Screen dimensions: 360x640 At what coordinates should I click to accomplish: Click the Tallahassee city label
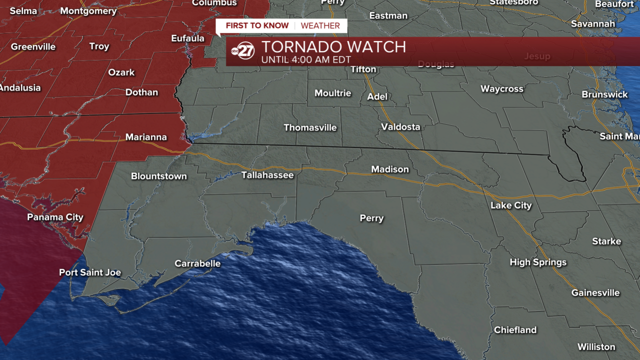tap(267, 175)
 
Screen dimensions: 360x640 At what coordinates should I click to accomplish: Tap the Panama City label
tap(55, 217)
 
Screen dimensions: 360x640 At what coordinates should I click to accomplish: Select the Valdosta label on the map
tap(400, 127)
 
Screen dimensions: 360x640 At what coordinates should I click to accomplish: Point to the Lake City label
tap(511, 205)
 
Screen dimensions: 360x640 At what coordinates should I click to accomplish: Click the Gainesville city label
tap(595, 293)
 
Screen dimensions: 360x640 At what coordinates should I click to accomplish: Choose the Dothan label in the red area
tap(141, 92)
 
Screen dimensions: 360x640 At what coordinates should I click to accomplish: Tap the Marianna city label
tap(146, 137)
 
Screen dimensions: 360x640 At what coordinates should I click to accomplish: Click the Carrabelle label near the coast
tap(197, 263)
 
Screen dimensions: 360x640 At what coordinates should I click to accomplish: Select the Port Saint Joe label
tap(90, 272)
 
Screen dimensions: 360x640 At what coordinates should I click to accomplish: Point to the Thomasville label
tap(310, 127)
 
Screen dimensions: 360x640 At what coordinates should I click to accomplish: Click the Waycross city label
tap(502, 89)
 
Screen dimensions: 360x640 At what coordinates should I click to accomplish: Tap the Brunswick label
tap(604, 94)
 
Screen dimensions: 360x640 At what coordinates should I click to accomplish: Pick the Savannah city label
tap(593, 24)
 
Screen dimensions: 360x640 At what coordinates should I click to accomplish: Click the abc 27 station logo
tap(243, 51)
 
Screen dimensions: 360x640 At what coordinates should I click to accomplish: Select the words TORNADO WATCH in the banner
tap(333, 47)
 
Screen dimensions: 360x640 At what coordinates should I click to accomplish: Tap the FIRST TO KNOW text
tap(257, 25)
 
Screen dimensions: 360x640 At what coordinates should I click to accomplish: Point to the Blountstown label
tap(159, 176)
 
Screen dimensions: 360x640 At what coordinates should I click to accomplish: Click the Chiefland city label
tap(515, 330)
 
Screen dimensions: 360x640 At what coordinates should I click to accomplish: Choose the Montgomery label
tap(88, 11)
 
